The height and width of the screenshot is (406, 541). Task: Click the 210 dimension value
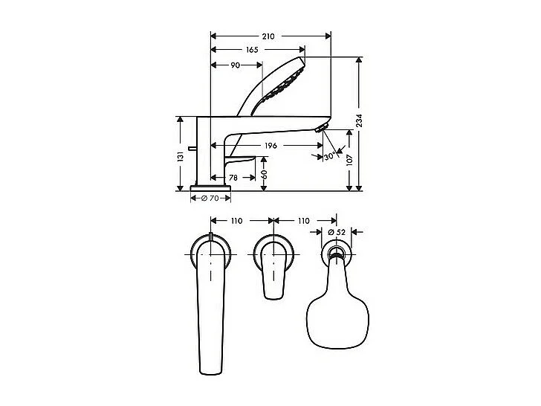[269, 36]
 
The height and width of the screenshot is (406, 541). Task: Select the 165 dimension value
[252, 50]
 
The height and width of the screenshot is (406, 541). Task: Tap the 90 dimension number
[234, 65]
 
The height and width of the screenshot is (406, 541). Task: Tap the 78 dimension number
[233, 178]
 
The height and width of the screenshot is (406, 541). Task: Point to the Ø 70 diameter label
[211, 199]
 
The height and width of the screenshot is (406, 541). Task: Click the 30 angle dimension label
[328, 157]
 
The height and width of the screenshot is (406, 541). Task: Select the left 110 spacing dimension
[237, 221]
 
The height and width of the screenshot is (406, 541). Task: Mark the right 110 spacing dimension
[302, 221]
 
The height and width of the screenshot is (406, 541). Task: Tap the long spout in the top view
[212, 312]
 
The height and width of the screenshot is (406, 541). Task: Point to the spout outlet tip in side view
[323, 128]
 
